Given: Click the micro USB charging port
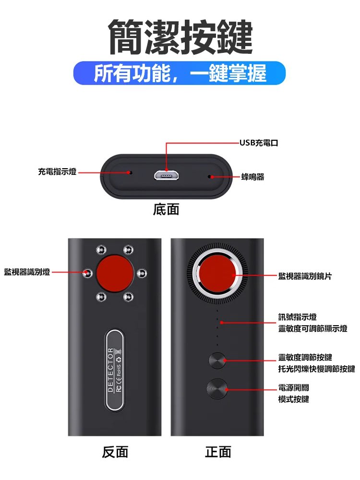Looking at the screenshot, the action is click(x=167, y=175).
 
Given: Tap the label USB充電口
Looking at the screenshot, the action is click(x=259, y=143).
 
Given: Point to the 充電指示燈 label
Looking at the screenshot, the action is click(x=57, y=172).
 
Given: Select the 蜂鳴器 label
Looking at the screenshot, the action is click(x=252, y=177).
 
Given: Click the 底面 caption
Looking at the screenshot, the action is click(x=166, y=209).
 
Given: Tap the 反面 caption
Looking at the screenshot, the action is click(x=115, y=452).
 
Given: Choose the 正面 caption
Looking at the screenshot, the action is click(x=218, y=452).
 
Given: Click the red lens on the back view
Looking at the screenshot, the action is click(x=115, y=273).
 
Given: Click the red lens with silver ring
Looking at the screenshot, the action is click(x=217, y=273).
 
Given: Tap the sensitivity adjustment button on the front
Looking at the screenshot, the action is click(x=217, y=360).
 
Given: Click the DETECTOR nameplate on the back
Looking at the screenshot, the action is click(x=114, y=370).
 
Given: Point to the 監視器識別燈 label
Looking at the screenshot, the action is click(x=27, y=272).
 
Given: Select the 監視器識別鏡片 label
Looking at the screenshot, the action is click(x=305, y=276).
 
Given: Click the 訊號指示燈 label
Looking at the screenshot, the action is click(x=297, y=317).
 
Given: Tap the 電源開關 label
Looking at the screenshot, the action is click(x=294, y=388).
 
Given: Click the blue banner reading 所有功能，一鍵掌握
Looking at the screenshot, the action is click(x=180, y=73).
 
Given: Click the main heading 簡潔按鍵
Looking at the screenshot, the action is click(x=180, y=37).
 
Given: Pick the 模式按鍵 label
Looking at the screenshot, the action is click(x=294, y=399).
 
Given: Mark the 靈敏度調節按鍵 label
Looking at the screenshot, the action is click(x=305, y=357).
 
